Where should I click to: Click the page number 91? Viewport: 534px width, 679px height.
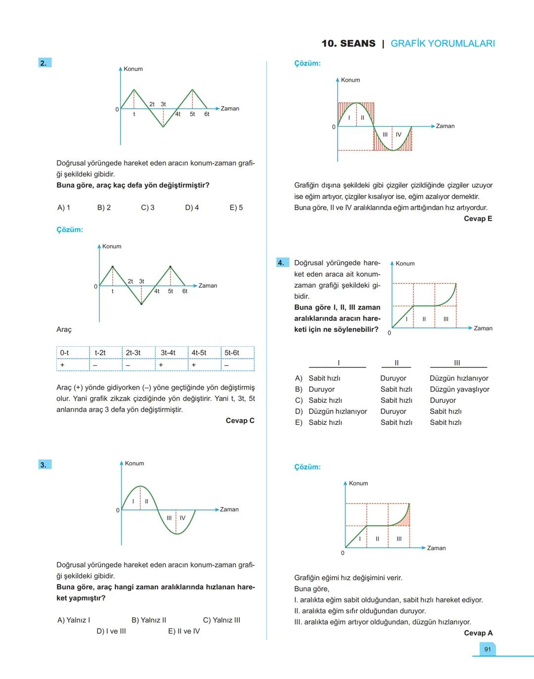pos(488,649)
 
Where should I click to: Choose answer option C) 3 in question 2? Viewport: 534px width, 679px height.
pos(148,208)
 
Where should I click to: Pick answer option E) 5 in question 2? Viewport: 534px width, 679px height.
pos(236,208)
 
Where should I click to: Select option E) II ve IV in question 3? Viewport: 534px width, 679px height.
pos(184,631)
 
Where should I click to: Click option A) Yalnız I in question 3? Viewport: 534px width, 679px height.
pos(74,620)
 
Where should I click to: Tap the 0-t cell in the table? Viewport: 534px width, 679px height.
pos(65,353)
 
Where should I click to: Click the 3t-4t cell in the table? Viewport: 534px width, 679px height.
pos(168,353)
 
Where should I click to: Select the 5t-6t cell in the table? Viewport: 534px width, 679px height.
pos(232,353)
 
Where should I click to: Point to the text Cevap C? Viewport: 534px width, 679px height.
pos(240,421)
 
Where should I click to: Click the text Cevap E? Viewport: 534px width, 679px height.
pos(478,219)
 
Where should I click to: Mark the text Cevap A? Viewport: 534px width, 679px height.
pos(478,633)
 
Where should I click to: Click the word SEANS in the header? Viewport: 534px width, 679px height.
pos(358,44)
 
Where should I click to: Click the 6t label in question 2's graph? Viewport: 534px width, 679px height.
pos(207,114)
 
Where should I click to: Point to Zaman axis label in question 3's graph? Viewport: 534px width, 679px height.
pos(229,509)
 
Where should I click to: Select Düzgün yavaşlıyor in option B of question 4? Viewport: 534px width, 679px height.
pos(459,389)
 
